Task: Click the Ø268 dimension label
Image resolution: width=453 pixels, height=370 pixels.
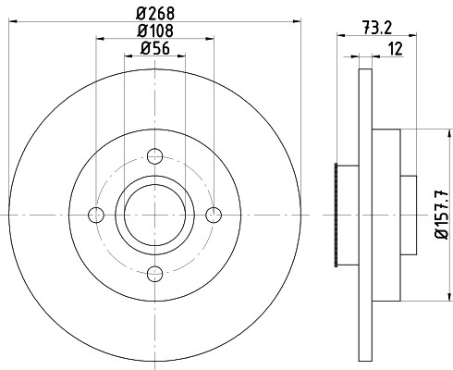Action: [154, 14]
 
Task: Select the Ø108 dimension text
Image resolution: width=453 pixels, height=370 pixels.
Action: [154, 31]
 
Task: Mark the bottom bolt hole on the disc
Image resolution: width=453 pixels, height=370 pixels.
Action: [155, 272]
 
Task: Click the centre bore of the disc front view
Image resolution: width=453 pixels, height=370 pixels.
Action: [155, 215]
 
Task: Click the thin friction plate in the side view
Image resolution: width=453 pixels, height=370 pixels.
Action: [364, 215]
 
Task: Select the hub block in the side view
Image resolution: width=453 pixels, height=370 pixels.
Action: [386, 215]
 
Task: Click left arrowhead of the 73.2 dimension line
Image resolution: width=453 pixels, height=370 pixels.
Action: [338, 38]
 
